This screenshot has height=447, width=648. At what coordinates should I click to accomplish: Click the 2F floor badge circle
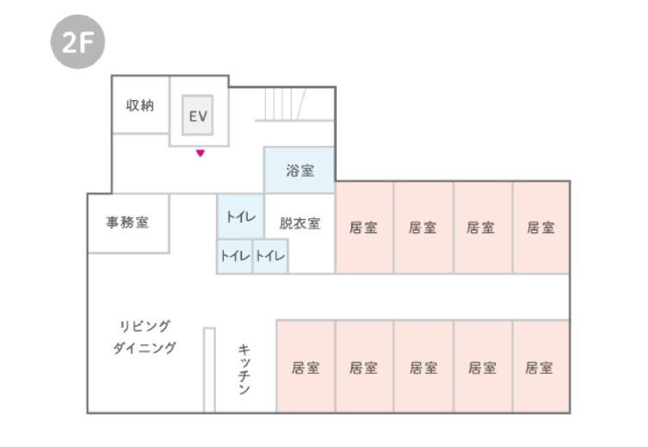[x=77, y=42]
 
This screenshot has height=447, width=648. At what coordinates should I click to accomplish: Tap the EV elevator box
[x=198, y=115]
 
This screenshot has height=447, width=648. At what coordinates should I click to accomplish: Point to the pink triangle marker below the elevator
[x=200, y=154]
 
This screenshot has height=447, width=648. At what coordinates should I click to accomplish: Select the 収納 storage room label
[x=140, y=106]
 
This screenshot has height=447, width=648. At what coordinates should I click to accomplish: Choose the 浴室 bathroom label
[x=300, y=171]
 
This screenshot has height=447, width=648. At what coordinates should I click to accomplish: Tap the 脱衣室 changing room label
[x=300, y=223]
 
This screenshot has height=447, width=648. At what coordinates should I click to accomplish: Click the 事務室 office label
[x=127, y=223]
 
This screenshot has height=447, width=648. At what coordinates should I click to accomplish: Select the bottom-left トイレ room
[x=234, y=255]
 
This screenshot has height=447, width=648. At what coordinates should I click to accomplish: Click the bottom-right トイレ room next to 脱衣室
[x=270, y=255]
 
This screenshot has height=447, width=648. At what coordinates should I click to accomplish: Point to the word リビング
[x=144, y=325]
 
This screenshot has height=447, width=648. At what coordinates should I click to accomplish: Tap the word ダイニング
[x=144, y=349]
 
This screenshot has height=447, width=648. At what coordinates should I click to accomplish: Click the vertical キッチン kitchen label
[x=245, y=368]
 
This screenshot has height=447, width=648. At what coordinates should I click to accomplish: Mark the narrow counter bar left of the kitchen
[x=208, y=369]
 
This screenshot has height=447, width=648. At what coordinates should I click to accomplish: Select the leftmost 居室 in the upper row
[x=364, y=228]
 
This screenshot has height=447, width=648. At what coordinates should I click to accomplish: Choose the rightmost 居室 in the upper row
[x=541, y=228]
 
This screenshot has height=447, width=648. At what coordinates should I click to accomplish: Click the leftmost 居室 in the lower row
[x=305, y=368]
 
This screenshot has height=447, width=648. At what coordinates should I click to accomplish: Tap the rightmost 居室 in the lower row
[x=540, y=368]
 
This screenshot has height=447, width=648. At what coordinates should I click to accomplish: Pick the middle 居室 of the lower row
[x=422, y=368]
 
